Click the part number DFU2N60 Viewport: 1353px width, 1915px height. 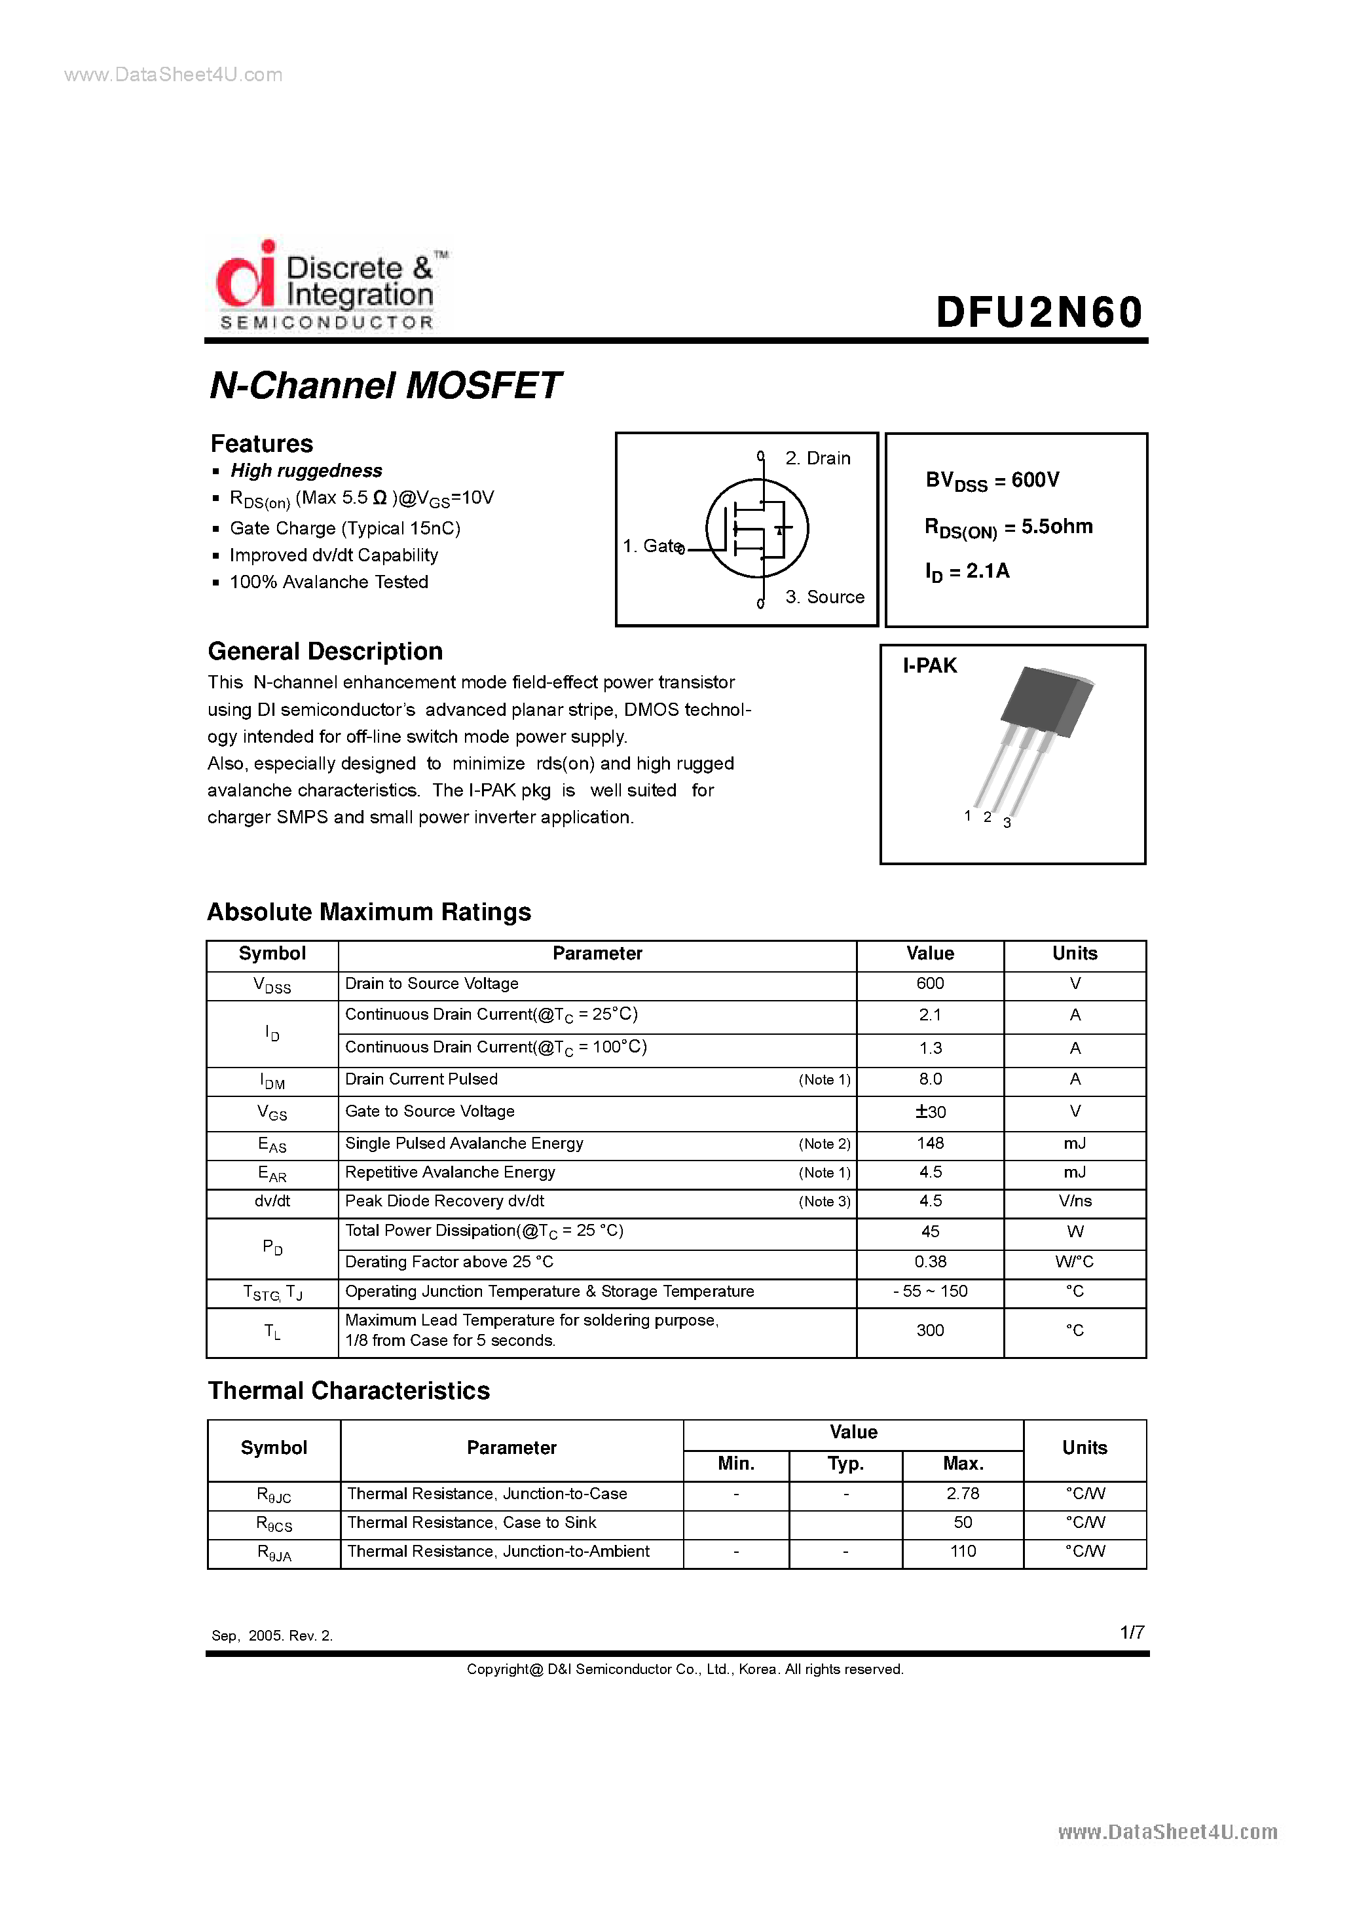pos(1039,313)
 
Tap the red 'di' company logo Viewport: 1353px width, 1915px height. pos(245,275)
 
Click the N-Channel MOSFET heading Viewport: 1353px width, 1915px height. pos(384,385)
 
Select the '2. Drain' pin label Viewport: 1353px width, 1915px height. pos(817,458)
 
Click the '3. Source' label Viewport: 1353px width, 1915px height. pos(824,597)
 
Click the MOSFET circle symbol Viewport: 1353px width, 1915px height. pos(756,528)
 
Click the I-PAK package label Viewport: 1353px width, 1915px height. pos(929,665)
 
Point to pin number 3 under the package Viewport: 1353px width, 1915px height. pos(1007,823)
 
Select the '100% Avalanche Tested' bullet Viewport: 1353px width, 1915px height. pos(329,582)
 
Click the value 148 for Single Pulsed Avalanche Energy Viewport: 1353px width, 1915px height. pos(929,1143)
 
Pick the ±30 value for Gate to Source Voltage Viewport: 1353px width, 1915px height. pos(929,1112)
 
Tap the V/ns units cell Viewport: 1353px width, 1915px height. pos(1075,1201)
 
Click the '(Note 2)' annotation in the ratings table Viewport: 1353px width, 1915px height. pos(824,1143)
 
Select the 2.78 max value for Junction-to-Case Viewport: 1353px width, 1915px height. pos(963,1494)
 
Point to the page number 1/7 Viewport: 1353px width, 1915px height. pos(1131,1632)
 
